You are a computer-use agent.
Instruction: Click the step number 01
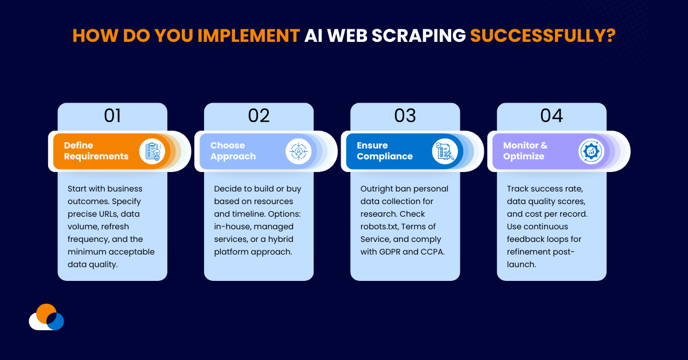[x=112, y=116]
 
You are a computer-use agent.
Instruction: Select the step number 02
[x=259, y=116]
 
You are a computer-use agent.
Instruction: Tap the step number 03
[x=405, y=116]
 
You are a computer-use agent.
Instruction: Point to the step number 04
[x=551, y=116]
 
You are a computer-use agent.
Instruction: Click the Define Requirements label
[x=96, y=151]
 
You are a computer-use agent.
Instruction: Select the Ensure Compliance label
[x=384, y=151]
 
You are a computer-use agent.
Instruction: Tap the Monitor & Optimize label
[x=525, y=151]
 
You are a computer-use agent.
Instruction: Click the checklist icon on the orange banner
[x=152, y=151]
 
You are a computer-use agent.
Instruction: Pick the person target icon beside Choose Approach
[x=298, y=151]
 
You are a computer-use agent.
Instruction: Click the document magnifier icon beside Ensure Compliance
[x=444, y=151]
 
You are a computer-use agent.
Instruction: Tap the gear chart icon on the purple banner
[x=591, y=151]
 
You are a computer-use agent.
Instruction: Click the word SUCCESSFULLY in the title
[x=542, y=36]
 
